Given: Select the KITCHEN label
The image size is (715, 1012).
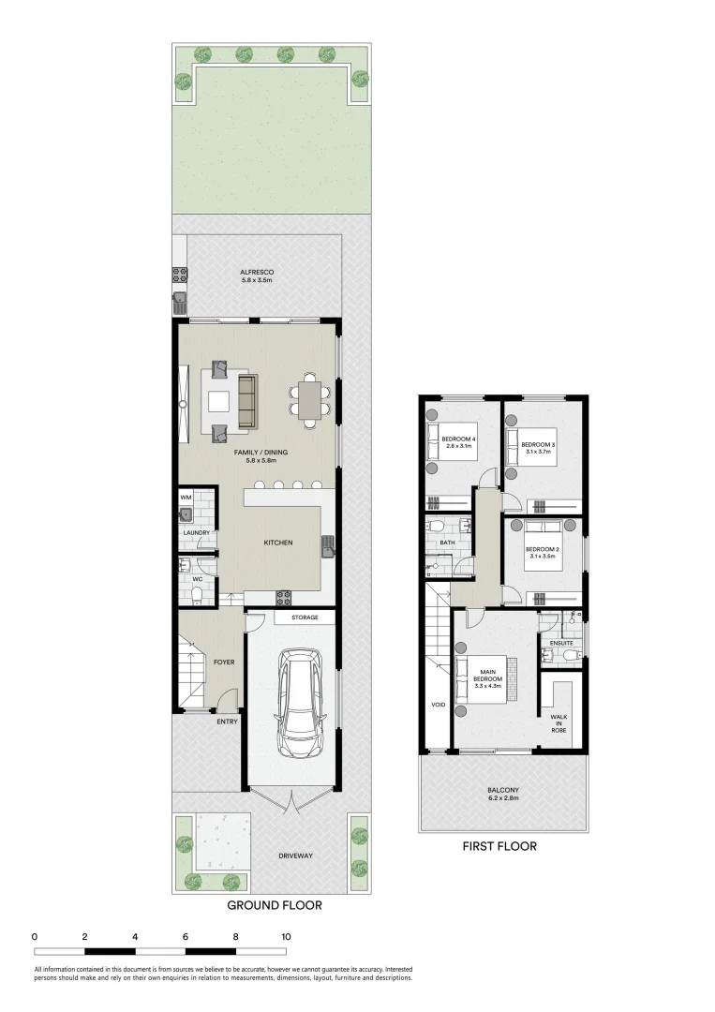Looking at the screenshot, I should (278, 543).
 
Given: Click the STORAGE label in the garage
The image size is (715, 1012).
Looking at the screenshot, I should (305, 618).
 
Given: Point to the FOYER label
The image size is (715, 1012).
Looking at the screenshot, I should (224, 662).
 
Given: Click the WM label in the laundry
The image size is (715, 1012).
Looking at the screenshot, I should (186, 497).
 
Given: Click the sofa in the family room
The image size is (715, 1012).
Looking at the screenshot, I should (248, 402).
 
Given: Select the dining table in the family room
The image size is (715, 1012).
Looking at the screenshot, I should (310, 396).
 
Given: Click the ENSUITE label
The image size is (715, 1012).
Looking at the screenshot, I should (562, 643).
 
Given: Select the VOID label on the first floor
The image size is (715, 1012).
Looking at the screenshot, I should (438, 706).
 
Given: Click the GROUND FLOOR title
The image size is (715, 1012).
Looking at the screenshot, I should (275, 905).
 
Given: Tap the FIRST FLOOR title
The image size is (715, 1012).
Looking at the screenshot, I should (499, 846).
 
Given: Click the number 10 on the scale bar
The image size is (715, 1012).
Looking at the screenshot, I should (286, 936).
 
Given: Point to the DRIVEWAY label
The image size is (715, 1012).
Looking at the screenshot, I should (301, 856).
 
